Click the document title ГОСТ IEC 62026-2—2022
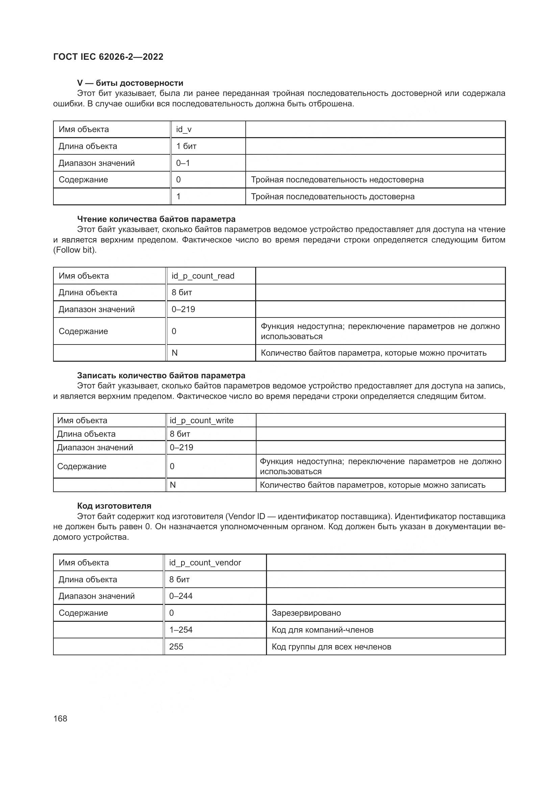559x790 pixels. click(108, 57)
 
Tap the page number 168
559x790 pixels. click(60, 718)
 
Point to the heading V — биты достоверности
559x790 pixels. click(130, 83)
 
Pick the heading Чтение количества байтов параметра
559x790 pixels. click(156, 219)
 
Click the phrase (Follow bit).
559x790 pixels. click(75, 250)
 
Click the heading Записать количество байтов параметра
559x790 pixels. click(161, 375)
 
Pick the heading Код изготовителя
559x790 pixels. click(114, 506)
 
